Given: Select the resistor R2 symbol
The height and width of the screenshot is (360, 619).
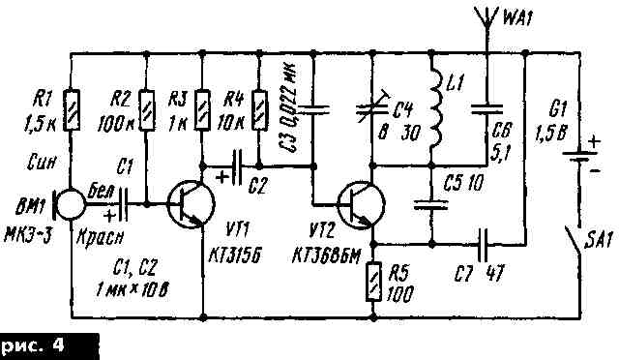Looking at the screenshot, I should (144, 105).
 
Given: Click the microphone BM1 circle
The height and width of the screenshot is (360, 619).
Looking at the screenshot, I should (69, 205).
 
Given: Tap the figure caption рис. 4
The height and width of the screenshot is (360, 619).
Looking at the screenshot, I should (48, 345).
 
